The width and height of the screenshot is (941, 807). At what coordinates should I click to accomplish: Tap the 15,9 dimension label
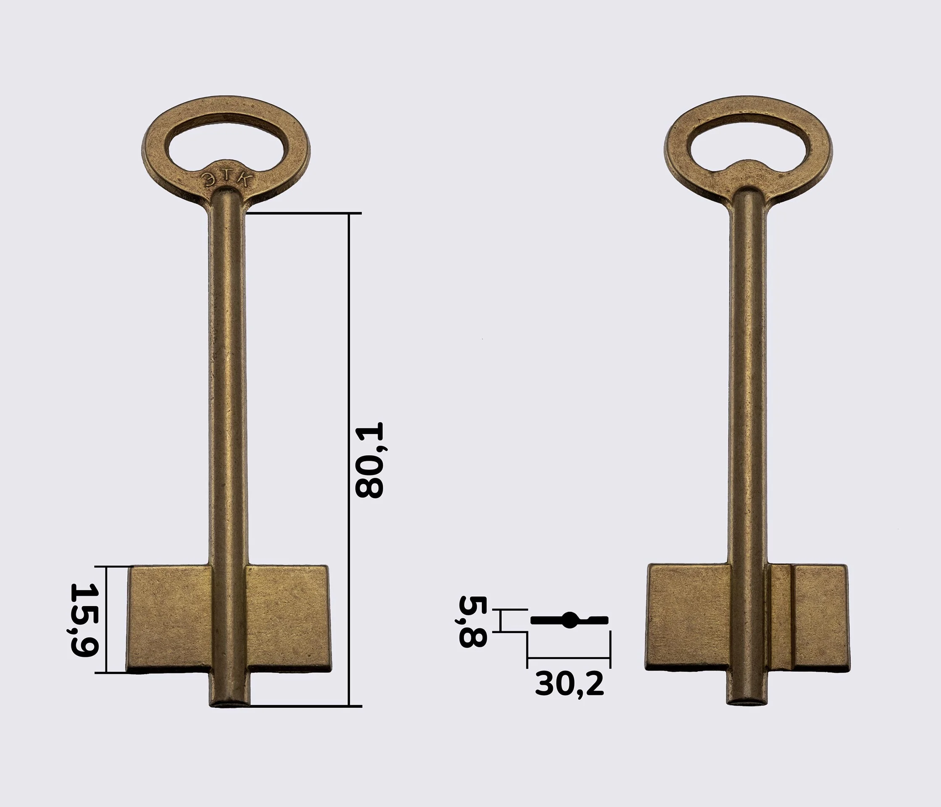click(x=84, y=620)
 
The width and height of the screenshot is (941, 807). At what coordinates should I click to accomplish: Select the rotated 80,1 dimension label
click(x=369, y=460)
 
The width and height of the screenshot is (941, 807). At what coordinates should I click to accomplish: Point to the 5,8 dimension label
click(x=473, y=621)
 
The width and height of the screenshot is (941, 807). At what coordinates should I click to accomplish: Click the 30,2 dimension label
click(x=570, y=684)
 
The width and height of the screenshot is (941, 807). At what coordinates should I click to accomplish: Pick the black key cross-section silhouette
click(x=570, y=620)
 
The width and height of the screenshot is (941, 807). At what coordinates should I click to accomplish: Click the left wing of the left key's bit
click(x=168, y=620)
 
